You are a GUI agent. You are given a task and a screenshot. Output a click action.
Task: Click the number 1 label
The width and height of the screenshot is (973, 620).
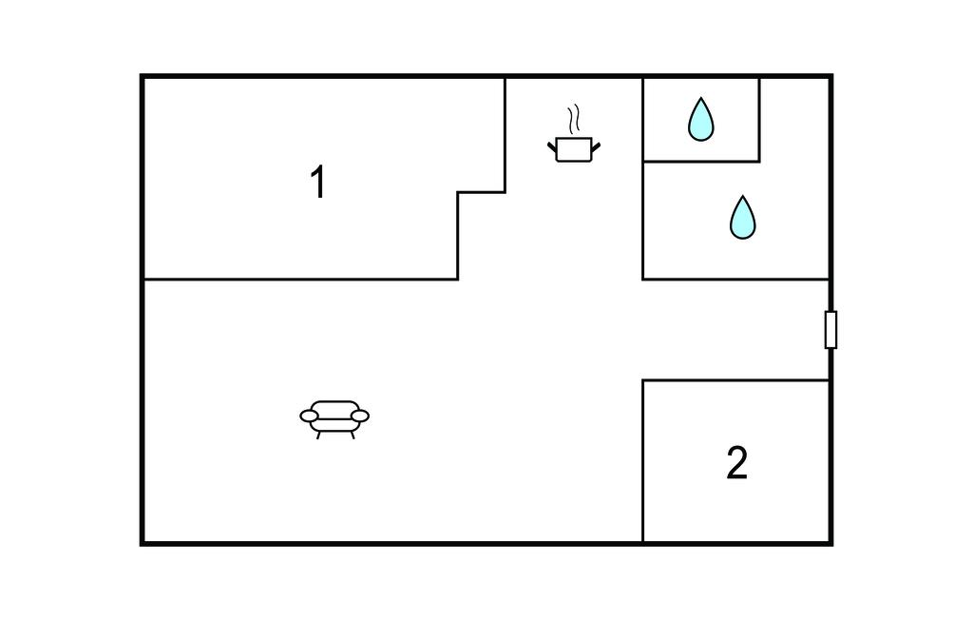tap(318, 183)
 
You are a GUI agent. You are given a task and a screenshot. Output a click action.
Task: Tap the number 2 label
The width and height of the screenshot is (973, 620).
tap(736, 463)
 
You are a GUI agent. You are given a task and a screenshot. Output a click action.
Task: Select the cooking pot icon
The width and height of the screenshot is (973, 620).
tap(574, 149)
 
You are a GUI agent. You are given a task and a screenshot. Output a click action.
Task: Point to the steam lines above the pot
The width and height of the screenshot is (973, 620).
tap(573, 121)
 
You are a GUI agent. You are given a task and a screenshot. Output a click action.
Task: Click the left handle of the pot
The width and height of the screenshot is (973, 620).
tap(552, 145)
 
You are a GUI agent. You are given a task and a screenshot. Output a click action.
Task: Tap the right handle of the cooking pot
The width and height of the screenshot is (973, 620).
tap(596, 145)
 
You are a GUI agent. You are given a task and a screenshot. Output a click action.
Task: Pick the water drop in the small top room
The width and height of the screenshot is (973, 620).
tap(700, 120)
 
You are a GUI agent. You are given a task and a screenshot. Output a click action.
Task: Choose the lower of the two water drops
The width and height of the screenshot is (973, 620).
tap(742, 218)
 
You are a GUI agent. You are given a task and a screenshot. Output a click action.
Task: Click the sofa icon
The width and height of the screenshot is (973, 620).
tap(334, 417)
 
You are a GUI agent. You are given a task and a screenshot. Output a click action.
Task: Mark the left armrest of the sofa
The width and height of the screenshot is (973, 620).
tap(310, 416)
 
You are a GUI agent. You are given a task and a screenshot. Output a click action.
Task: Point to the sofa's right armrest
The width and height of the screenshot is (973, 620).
tap(359, 416)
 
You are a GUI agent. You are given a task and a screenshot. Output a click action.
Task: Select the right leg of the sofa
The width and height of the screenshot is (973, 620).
tap(352, 434)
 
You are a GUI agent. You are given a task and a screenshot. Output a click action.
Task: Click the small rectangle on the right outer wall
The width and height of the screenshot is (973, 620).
tap(830, 329)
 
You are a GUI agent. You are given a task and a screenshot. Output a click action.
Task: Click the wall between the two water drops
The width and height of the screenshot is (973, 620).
tap(701, 162)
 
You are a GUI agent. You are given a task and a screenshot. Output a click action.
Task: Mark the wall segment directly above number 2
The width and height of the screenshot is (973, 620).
tap(736, 380)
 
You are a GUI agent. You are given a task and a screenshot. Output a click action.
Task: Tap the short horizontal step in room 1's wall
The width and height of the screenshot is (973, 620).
tap(481, 192)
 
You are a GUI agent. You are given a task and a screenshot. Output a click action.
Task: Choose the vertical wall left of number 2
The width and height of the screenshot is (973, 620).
tap(643, 462)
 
